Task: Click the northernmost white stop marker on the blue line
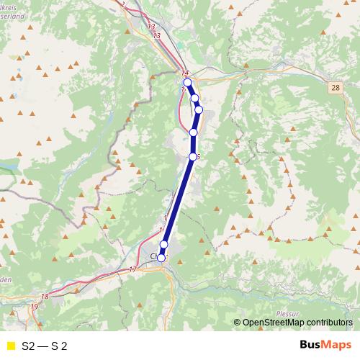click(x=187, y=83)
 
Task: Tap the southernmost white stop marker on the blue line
click(x=161, y=258)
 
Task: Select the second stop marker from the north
click(x=194, y=98)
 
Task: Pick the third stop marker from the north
click(x=199, y=109)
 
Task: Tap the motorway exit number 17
click(x=132, y=269)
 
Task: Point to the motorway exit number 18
click(x=45, y=296)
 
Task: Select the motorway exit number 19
click(x=34, y=307)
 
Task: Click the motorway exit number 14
click(x=185, y=73)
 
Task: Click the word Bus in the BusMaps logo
click(x=311, y=345)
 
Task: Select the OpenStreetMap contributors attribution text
click(x=298, y=322)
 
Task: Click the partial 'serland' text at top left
click(x=12, y=12)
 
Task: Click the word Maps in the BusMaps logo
click(x=337, y=345)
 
